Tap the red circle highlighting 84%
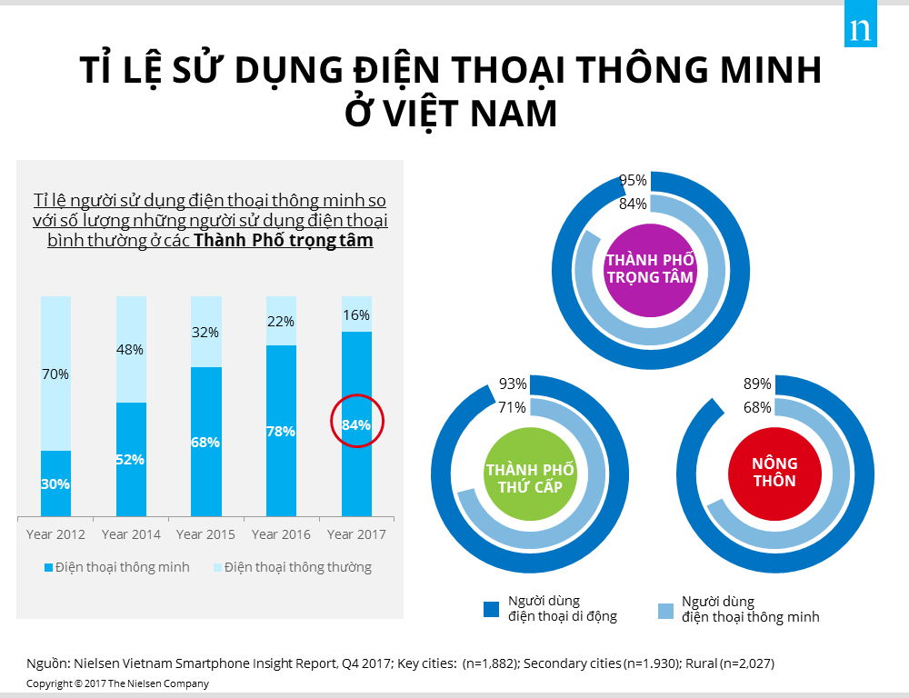357,422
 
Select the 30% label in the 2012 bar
55,484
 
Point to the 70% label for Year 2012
55,374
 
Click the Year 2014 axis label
131,534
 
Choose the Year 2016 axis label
281,534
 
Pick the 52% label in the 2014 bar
131,459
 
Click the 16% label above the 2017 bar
356,315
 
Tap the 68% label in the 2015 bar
205,443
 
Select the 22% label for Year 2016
281,322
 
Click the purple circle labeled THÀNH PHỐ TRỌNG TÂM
649,269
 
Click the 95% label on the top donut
633,181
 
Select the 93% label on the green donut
513,384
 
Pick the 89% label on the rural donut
757,384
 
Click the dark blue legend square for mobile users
492,609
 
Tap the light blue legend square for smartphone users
665,609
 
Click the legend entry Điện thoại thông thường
291,567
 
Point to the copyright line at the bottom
118,683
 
